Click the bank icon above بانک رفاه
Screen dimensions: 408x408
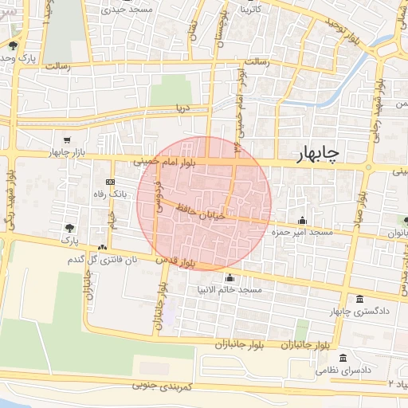point(110,182)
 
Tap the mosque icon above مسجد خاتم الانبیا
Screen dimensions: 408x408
point(231,278)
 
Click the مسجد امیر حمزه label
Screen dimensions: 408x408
point(301,233)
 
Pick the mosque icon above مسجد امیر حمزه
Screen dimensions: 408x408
point(301,221)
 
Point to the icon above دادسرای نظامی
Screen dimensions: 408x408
point(343,358)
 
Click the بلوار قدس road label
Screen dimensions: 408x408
point(175,261)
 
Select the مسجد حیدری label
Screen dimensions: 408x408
point(133,11)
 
